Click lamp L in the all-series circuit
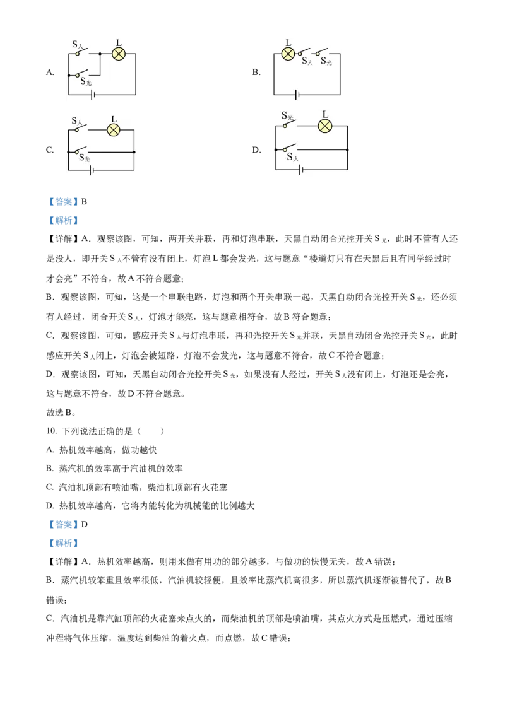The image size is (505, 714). (x=288, y=54)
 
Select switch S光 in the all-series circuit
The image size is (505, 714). (x=323, y=52)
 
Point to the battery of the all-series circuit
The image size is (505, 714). (x=296, y=95)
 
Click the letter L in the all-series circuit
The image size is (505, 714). (x=288, y=43)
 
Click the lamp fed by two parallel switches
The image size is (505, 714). (x=119, y=54)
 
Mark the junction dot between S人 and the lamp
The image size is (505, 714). (x=100, y=54)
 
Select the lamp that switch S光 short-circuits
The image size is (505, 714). (x=114, y=130)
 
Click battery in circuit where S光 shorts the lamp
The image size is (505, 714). (x=92, y=170)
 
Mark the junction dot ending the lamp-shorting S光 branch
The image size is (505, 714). (x=134, y=152)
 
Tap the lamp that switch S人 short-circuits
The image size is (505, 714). (x=324, y=126)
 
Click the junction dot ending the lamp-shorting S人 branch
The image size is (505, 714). (x=347, y=149)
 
